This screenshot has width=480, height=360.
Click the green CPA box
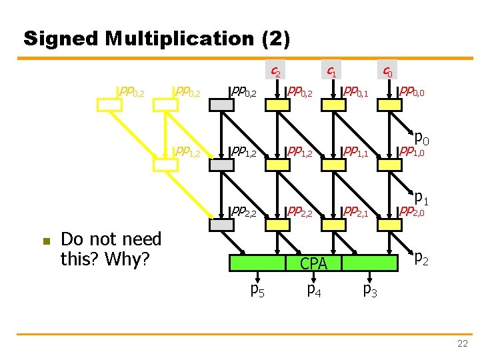coord(313,263)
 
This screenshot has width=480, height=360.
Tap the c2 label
coord(274,69)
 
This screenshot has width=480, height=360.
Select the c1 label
coord(330,69)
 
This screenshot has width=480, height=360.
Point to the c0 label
coord(386,69)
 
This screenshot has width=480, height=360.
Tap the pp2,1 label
coord(355,212)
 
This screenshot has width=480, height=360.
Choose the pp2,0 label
coord(411,212)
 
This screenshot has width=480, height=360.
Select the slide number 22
coord(462,343)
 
